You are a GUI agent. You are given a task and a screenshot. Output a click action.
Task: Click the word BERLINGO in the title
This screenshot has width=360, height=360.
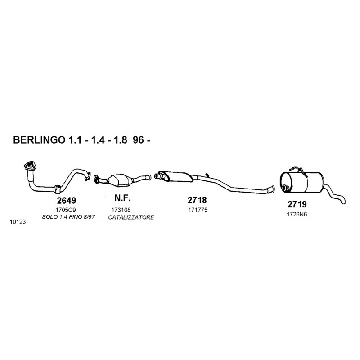39,140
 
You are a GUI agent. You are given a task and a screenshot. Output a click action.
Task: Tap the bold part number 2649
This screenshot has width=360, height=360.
67,201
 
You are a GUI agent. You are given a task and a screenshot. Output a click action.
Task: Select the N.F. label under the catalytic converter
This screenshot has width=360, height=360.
122,198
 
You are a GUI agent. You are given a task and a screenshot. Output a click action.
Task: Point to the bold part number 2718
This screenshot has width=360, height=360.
197,200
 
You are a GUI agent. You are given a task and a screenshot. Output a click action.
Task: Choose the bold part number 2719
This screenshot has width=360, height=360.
297,204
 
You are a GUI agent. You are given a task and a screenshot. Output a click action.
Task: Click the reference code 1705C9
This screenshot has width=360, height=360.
65,210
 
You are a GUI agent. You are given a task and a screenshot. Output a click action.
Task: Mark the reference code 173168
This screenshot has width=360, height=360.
121,210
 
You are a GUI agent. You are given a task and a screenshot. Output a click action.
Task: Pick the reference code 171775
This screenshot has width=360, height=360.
198,210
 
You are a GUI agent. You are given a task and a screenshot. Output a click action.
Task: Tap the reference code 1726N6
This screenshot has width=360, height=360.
297,215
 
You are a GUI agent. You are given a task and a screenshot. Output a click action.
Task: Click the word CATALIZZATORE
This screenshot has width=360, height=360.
131,217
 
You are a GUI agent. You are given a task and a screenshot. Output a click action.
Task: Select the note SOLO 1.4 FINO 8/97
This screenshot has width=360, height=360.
68,217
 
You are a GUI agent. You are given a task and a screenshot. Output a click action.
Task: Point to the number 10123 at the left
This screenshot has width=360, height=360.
18,222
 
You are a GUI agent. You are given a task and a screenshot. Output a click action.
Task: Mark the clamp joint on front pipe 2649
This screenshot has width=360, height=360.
57,189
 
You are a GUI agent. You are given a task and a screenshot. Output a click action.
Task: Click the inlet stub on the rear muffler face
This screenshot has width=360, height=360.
285,188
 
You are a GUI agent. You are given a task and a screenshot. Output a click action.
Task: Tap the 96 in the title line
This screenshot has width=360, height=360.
139,140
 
